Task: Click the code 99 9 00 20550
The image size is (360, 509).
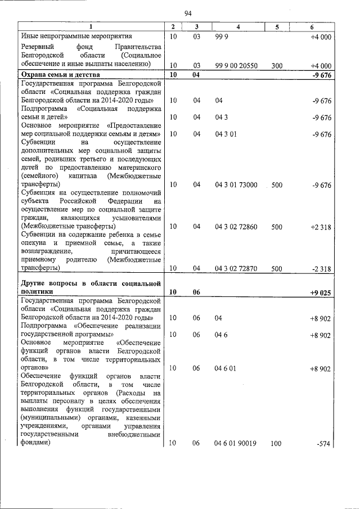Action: [236, 66]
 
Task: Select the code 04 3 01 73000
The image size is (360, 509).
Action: [236, 184]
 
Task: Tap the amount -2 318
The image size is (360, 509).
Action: [321, 269]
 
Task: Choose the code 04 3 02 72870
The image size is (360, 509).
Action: [236, 269]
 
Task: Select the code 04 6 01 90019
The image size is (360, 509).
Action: [236, 443]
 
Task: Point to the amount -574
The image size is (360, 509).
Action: [323, 443]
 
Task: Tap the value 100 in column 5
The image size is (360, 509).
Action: [276, 443]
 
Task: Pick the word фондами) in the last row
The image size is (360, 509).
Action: [35, 443]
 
